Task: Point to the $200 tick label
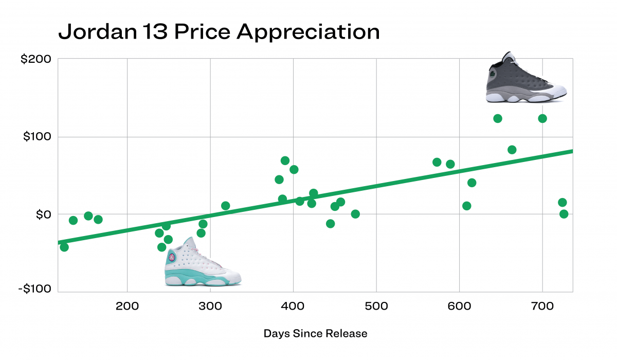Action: click(x=35, y=59)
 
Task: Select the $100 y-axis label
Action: click(x=37, y=137)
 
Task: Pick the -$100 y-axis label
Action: click(x=35, y=289)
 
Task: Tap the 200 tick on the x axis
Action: click(x=127, y=304)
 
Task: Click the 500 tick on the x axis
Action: click(x=376, y=304)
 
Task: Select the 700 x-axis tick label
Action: click(x=542, y=304)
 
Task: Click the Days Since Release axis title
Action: click(x=315, y=333)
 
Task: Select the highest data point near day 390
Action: click(x=285, y=160)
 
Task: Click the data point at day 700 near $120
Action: click(x=542, y=119)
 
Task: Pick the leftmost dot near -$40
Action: click(x=64, y=247)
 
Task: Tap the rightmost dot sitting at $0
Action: click(x=564, y=214)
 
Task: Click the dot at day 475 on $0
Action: click(x=355, y=214)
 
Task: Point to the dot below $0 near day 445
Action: click(x=330, y=224)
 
